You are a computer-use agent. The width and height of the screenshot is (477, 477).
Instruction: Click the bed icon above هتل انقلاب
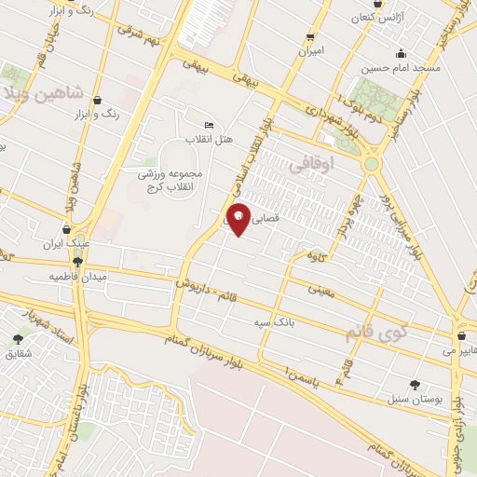click(209, 125)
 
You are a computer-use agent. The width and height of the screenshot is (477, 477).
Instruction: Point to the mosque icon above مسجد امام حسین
click(401, 53)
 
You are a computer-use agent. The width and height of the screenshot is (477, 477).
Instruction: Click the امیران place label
click(310, 53)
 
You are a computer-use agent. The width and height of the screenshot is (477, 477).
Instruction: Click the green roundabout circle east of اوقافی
click(372, 164)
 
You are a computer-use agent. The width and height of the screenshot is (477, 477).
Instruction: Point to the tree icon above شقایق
click(18, 340)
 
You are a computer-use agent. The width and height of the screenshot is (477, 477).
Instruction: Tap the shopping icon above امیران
click(310, 38)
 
